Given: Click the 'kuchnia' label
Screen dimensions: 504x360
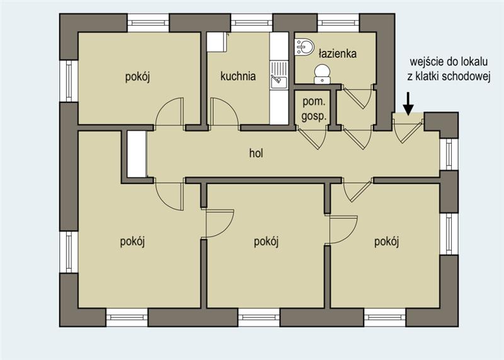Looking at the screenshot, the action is pyautogui.click(x=238, y=76).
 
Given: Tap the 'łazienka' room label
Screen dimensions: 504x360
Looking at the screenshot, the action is pyautogui.click(x=338, y=54).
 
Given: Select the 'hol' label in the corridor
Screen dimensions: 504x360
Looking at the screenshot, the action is pyautogui.click(x=256, y=153).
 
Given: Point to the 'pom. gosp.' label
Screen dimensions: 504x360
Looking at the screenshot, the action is pyautogui.click(x=314, y=109).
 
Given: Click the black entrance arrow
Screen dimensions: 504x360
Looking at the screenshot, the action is pyautogui.click(x=408, y=103).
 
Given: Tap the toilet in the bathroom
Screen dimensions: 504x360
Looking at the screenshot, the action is pyautogui.click(x=322, y=74).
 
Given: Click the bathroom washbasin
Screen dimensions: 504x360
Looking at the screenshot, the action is pyautogui.click(x=304, y=47).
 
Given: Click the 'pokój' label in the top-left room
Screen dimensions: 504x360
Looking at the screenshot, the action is pyautogui.click(x=137, y=77).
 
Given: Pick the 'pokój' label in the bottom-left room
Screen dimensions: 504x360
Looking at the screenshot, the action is pyautogui.click(x=132, y=241).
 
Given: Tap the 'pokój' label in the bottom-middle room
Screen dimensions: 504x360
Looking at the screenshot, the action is pyautogui.click(x=266, y=241).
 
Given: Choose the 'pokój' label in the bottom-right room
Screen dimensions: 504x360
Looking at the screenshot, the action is pyautogui.click(x=387, y=241).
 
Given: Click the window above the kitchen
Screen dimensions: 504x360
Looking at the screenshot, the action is pyautogui.click(x=251, y=23).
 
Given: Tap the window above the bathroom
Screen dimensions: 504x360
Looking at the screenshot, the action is pyautogui.click(x=338, y=23).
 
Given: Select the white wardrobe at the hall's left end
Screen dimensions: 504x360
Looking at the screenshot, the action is pyautogui.click(x=137, y=154).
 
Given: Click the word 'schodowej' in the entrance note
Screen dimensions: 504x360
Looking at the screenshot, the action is pyautogui.click(x=466, y=76).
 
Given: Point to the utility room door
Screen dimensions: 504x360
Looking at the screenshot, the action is pyautogui.click(x=312, y=137).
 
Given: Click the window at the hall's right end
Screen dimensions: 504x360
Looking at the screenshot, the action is pyautogui.click(x=449, y=154).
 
